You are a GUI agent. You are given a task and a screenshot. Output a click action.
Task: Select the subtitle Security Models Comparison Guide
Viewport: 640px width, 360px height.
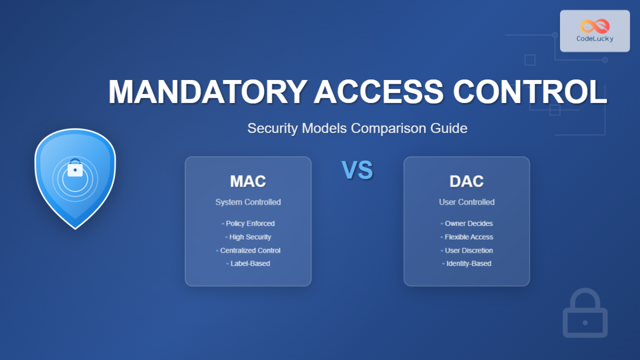[357, 129]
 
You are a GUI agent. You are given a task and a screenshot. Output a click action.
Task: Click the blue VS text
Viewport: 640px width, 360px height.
[357, 171]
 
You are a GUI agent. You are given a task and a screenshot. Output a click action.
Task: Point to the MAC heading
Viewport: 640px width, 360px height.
[248, 181]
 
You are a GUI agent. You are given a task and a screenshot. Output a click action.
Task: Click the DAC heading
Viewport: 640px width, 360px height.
[467, 181]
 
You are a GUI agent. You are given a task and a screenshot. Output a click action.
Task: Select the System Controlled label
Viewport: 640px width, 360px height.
[248, 202]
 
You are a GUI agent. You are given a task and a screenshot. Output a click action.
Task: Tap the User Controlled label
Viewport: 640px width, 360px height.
[467, 202]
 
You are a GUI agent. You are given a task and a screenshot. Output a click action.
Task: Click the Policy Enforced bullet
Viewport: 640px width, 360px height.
[250, 223]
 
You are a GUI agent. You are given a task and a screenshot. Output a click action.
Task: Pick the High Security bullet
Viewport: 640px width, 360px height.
[250, 237]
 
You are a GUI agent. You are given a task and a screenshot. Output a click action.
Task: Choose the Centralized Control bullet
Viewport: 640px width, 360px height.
[250, 250]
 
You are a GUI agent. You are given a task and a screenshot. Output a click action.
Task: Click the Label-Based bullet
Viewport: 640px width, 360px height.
[250, 263]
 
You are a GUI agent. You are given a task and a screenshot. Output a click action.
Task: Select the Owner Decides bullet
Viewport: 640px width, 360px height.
[468, 223]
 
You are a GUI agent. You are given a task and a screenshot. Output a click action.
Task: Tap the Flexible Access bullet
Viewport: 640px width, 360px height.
[468, 237]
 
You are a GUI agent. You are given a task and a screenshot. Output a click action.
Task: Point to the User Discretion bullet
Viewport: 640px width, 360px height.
[468, 250]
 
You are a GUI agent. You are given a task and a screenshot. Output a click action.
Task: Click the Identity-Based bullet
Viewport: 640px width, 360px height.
[468, 263]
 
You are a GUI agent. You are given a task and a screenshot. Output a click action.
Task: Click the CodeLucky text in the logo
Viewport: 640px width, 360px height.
[595, 39]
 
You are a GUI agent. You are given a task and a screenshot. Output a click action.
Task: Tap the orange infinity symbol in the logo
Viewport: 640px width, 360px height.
[595, 26]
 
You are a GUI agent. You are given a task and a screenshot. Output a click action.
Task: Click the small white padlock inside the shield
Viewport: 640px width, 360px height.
[75, 169]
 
